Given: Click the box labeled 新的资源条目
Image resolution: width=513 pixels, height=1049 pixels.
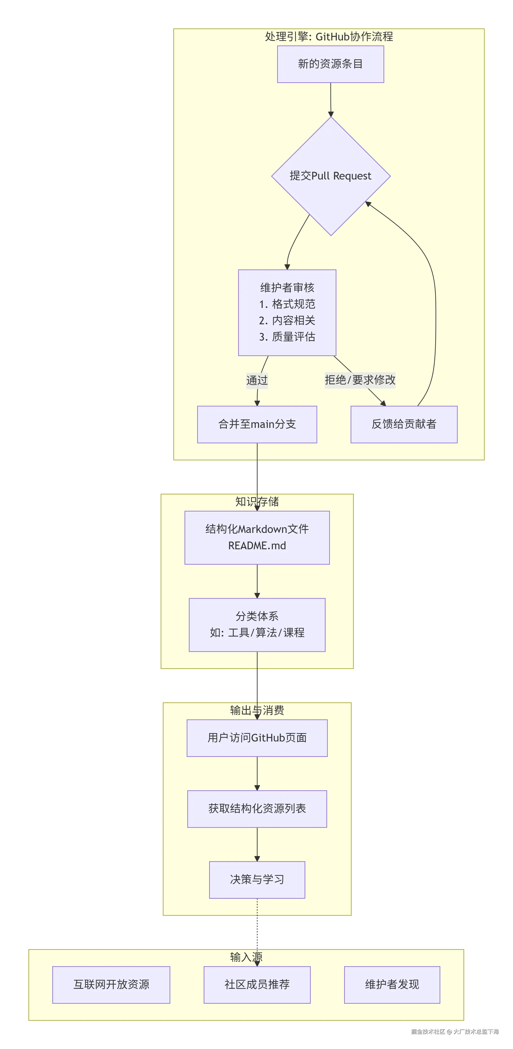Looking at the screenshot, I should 330,64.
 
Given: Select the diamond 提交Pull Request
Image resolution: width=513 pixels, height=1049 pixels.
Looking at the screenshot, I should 331,176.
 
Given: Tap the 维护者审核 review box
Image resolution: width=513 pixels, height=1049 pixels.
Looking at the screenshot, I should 287,312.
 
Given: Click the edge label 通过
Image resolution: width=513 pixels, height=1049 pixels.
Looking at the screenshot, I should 257,380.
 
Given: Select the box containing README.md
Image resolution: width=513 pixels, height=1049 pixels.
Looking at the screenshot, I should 257,537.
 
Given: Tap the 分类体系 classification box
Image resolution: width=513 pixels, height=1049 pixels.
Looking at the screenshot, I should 257,625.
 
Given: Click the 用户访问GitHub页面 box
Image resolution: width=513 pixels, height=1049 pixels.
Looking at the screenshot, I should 257,738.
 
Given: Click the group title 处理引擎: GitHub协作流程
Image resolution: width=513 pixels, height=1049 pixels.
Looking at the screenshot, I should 329,37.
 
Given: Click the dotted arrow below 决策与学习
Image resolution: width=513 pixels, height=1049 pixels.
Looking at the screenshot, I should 257,929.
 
